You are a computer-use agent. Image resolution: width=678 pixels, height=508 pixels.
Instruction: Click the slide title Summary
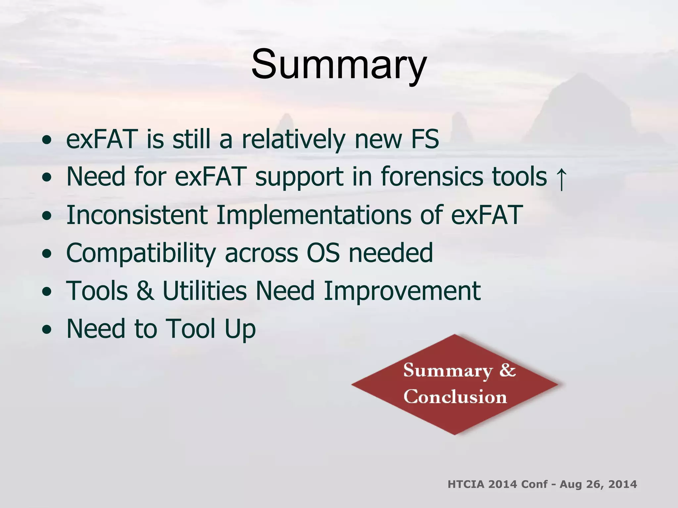(339, 64)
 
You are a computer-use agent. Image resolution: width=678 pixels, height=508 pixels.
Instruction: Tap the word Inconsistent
(137, 215)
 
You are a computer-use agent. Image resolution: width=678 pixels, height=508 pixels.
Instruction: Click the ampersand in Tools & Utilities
(145, 291)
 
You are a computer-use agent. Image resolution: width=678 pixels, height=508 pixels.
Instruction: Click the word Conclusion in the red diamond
(455, 397)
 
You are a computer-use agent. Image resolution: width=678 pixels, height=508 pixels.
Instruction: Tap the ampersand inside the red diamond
(508, 370)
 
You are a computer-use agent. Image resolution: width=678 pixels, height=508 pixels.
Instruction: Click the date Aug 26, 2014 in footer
(598, 484)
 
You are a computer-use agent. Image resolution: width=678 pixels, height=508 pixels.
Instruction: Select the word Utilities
(205, 291)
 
